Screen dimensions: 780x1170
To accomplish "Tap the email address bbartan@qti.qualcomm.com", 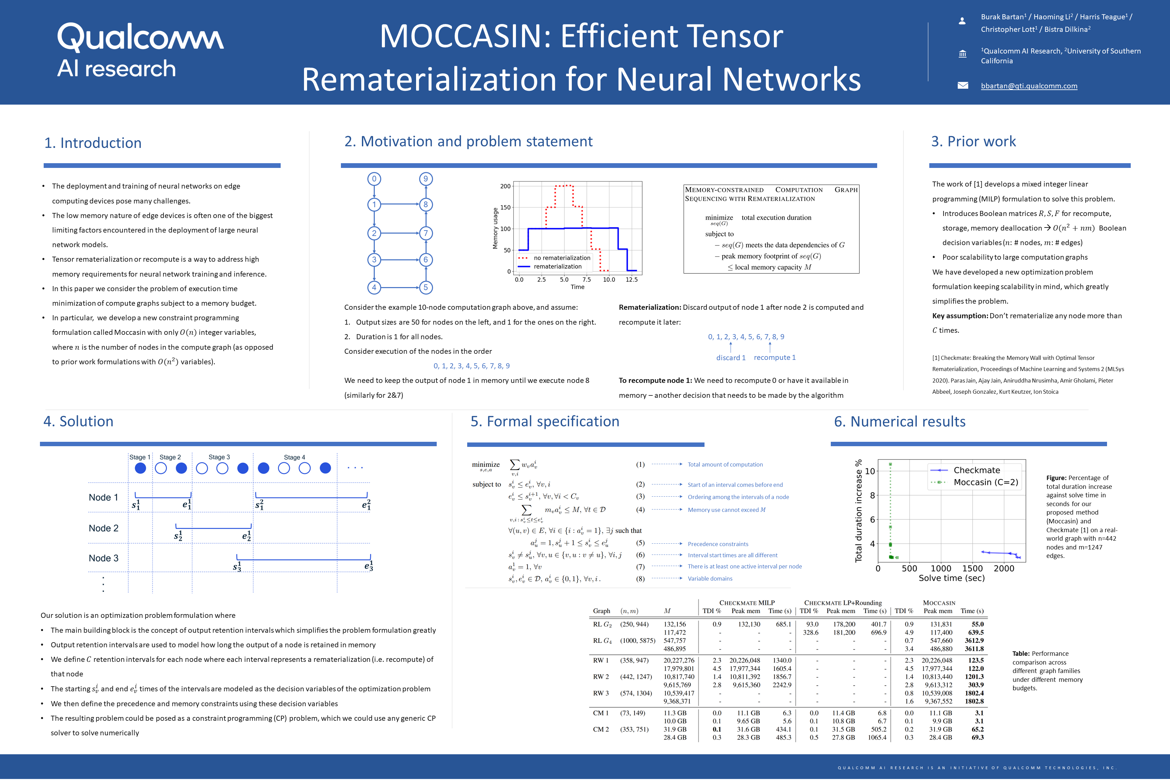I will point(1029,86).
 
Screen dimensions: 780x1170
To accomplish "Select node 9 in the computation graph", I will point(425,179).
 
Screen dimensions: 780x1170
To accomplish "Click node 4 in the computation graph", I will point(374,287).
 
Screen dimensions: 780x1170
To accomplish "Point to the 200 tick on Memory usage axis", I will point(505,186).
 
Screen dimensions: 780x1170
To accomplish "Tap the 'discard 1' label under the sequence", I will point(730,357).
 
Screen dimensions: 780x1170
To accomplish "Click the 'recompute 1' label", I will point(775,357).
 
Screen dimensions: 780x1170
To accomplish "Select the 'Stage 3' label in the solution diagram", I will point(219,457).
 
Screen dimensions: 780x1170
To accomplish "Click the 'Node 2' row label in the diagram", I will point(104,528).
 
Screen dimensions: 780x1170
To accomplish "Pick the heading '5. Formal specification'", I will point(545,421).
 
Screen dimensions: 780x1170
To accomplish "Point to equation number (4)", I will point(640,510).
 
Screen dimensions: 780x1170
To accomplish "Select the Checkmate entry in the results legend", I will point(976,470).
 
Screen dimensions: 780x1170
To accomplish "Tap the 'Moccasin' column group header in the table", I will point(939,603).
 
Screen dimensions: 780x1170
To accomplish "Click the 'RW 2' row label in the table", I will point(601,676).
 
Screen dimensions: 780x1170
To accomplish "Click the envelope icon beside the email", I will point(962,86).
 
